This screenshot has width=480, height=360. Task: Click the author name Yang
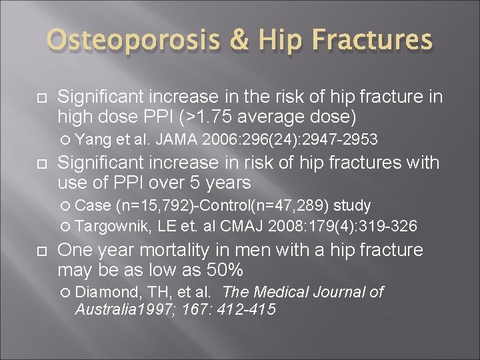93,139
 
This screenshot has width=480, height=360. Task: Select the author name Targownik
114,227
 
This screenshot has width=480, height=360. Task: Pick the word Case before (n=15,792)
93,205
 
